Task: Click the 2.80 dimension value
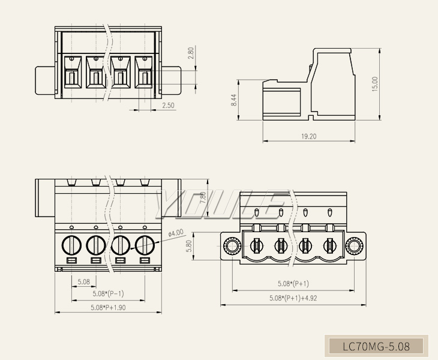point(191,53)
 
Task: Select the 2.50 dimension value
point(169,106)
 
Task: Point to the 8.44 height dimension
point(234,101)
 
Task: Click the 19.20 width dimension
point(308,136)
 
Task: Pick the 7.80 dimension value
point(203,198)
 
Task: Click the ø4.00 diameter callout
point(176,233)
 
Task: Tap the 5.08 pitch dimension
point(83,281)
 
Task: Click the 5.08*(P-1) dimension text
point(108,294)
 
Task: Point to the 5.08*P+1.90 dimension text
point(108,307)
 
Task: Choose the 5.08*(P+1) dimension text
point(293,284)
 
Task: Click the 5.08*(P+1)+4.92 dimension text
point(293,298)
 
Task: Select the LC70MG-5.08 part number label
point(376,346)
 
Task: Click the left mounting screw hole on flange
point(231,245)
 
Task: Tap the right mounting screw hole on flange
point(355,245)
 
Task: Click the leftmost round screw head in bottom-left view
point(71,245)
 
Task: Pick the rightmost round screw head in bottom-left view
point(145,245)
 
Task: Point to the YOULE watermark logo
point(219,204)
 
